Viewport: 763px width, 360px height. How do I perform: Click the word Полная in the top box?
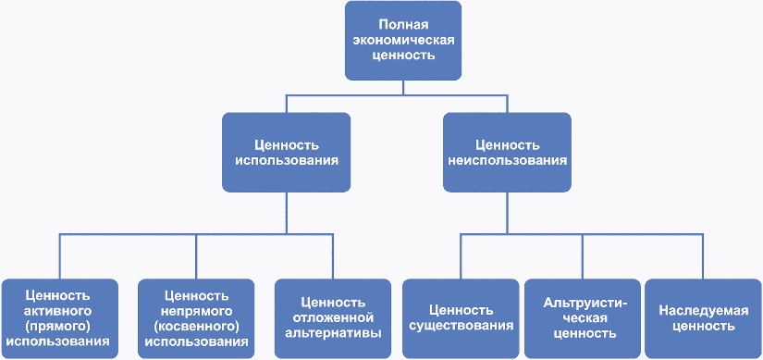tap(403, 24)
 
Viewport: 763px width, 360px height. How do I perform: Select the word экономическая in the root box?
tap(403, 40)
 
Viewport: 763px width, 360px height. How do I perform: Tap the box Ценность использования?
tap(287, 153)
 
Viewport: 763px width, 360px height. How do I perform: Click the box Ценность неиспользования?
tap(507, 153)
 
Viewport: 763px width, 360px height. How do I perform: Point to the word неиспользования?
tap(507, 161)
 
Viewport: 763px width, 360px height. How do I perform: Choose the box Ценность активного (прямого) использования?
tap(59, 318)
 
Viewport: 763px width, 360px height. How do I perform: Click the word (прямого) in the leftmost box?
tap(59, 326)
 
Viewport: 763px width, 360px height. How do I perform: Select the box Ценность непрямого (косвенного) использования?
tap(196, 318)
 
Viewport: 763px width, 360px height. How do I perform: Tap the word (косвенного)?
tap(196, 326)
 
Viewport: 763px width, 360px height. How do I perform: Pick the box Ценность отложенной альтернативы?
tap(333, 318)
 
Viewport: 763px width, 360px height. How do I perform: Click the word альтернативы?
tap(333, 334)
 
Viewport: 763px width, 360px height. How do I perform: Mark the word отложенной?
tap(333, 318)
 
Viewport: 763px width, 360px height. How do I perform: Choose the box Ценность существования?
tap(461, 318)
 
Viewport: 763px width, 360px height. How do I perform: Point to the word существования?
tap(461, 326)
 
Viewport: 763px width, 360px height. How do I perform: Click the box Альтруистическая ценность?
tap(583, 318)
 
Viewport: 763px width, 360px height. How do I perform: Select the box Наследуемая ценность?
tap(704, 318)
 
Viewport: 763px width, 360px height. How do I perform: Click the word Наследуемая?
tap(704, 311)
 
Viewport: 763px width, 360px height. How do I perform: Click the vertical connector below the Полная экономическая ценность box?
tap(403, 88)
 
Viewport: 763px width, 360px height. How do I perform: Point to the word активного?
tap(59, 311)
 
